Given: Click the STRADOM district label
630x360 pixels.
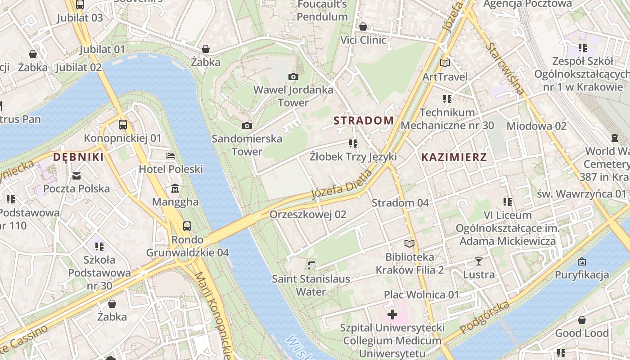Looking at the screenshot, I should [x=364, y=121].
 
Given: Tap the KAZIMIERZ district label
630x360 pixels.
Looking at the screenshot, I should [x=454, y=157].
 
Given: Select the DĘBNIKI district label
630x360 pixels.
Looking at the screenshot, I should [x=78, y=157].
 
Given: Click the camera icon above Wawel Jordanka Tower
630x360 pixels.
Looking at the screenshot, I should [x=293, y=77].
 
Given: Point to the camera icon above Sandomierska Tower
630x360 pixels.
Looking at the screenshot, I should [x=247, y=126].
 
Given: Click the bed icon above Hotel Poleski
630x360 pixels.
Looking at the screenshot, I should [x=171, y=156].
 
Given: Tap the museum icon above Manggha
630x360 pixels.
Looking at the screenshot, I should [x=175, y=188].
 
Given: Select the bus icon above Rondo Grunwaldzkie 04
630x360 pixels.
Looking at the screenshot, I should [x=187, y=226].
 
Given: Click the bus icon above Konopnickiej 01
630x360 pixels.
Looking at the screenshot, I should [x=122, y=124].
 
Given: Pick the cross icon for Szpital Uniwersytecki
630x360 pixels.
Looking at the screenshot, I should [x=392, y=314].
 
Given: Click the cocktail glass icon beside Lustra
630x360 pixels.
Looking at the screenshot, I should [x=478, y=261].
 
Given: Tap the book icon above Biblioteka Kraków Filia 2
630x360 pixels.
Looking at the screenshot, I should [x=409, y=244].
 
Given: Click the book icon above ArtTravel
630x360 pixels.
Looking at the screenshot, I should [x=445, y=63].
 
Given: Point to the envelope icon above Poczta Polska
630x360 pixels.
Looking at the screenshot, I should [x=76, y=175].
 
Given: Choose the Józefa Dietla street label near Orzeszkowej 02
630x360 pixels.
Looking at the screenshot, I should [x=342, y=184].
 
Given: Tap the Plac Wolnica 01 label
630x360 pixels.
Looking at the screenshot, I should [x=421, y=295].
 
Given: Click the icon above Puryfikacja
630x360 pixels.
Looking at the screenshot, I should [x=581, y=261].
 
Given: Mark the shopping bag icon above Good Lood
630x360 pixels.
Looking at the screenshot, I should [x=581, y=320].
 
